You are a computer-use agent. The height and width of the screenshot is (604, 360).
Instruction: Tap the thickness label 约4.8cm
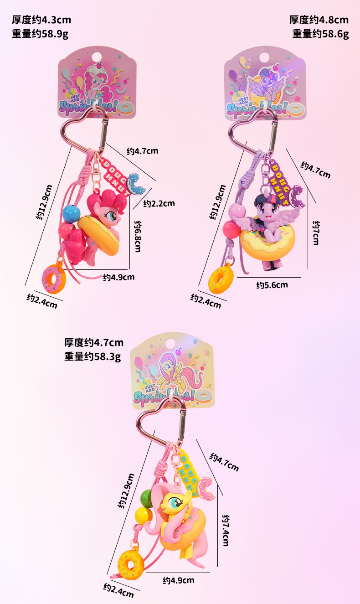point(319,20)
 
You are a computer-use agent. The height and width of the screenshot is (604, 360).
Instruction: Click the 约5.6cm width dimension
point(272,285)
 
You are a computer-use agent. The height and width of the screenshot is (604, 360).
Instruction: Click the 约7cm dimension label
point(315,232)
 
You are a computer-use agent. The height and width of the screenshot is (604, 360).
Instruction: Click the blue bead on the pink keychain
point(70,212)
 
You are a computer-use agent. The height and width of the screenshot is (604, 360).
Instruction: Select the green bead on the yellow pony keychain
point(147,496)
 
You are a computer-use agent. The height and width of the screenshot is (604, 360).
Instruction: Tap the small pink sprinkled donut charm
point(54,278)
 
